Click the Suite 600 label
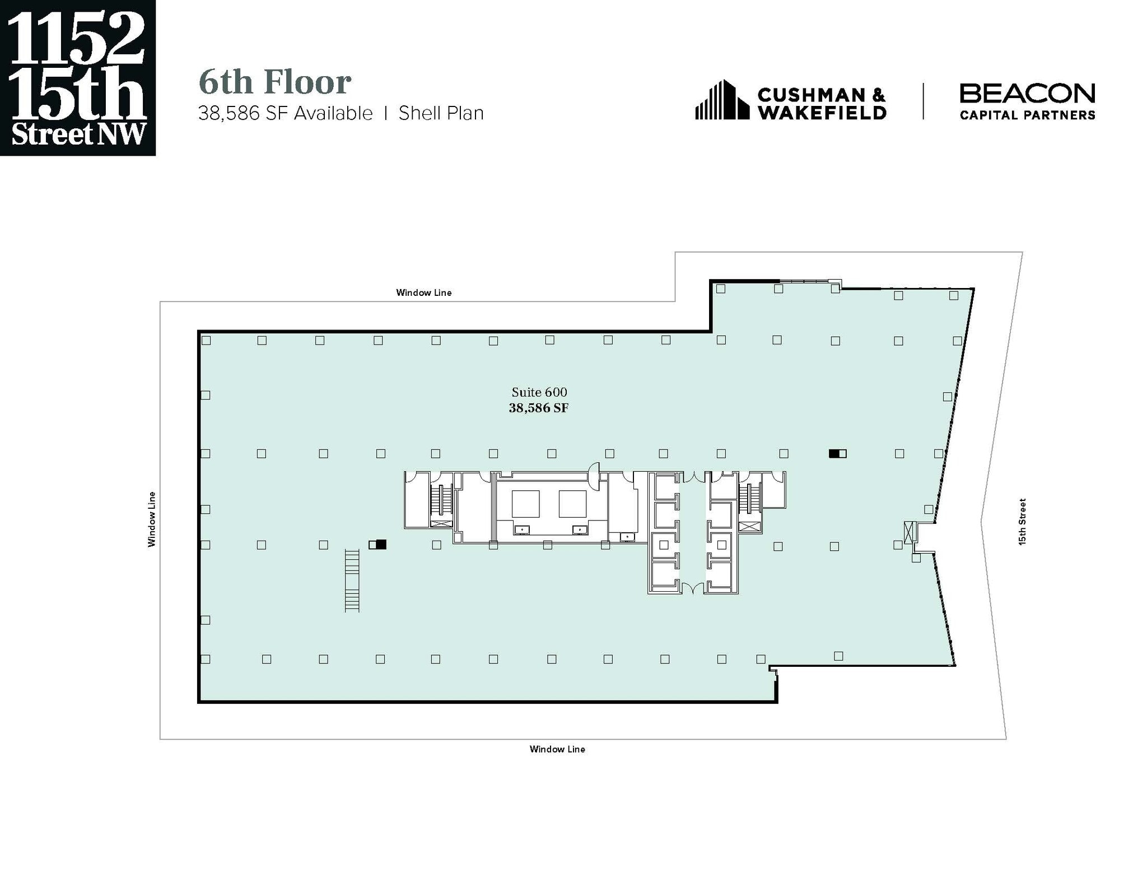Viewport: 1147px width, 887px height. [x=539, y=392]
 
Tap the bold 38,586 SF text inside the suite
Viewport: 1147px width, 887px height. [x=538, y=408]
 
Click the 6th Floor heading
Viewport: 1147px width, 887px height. [x=274, y=82]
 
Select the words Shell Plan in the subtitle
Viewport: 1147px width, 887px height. [x=441, y=113]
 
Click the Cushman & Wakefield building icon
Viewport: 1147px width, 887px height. [x=721, y=100]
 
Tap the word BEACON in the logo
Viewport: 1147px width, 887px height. [x=1027, y=94]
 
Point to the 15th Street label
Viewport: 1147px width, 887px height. [x=1022, y=522]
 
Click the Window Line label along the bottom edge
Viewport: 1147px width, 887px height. [x=557, y=749]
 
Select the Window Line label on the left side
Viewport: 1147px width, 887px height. [x=152, y=519]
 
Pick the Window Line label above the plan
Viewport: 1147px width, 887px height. [x=423, y=292]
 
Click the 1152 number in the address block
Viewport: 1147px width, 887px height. [x=77, y=38]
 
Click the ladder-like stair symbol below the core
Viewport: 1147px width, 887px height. [x=352, y=581]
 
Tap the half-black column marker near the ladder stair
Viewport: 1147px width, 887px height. [x=377, y=544]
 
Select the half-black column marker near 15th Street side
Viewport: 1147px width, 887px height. [x=837, y=454]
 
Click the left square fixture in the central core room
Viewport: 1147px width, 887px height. [x=525, y=504]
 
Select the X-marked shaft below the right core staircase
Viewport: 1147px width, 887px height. [x=750, y=526]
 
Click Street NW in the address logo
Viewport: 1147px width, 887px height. [x=78, y=134]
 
